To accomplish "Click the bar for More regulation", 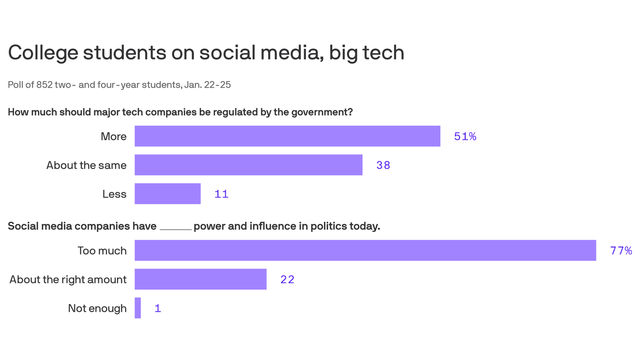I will pos(287,136).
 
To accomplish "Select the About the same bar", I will pos(248,165).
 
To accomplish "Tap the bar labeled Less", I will pos(167,194).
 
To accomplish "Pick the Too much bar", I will pos(365,250).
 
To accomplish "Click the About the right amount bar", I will pos(201,279).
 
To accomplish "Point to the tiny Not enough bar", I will pos(138,308).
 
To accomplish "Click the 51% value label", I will pos(465,136).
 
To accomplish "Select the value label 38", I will pos(383,165).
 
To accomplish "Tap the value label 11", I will pos(221,194).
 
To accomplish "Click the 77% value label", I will pos(621,251).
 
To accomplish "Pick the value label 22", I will pos(287,279).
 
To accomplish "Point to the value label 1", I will pos(158,308).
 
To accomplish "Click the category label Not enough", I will pos(97,308).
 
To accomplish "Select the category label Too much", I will pos(102,250).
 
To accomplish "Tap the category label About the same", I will pos(86,165).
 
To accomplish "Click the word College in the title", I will pos(43,52).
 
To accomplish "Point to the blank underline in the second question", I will pos(176,228).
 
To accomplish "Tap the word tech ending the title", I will pos(386,52).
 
